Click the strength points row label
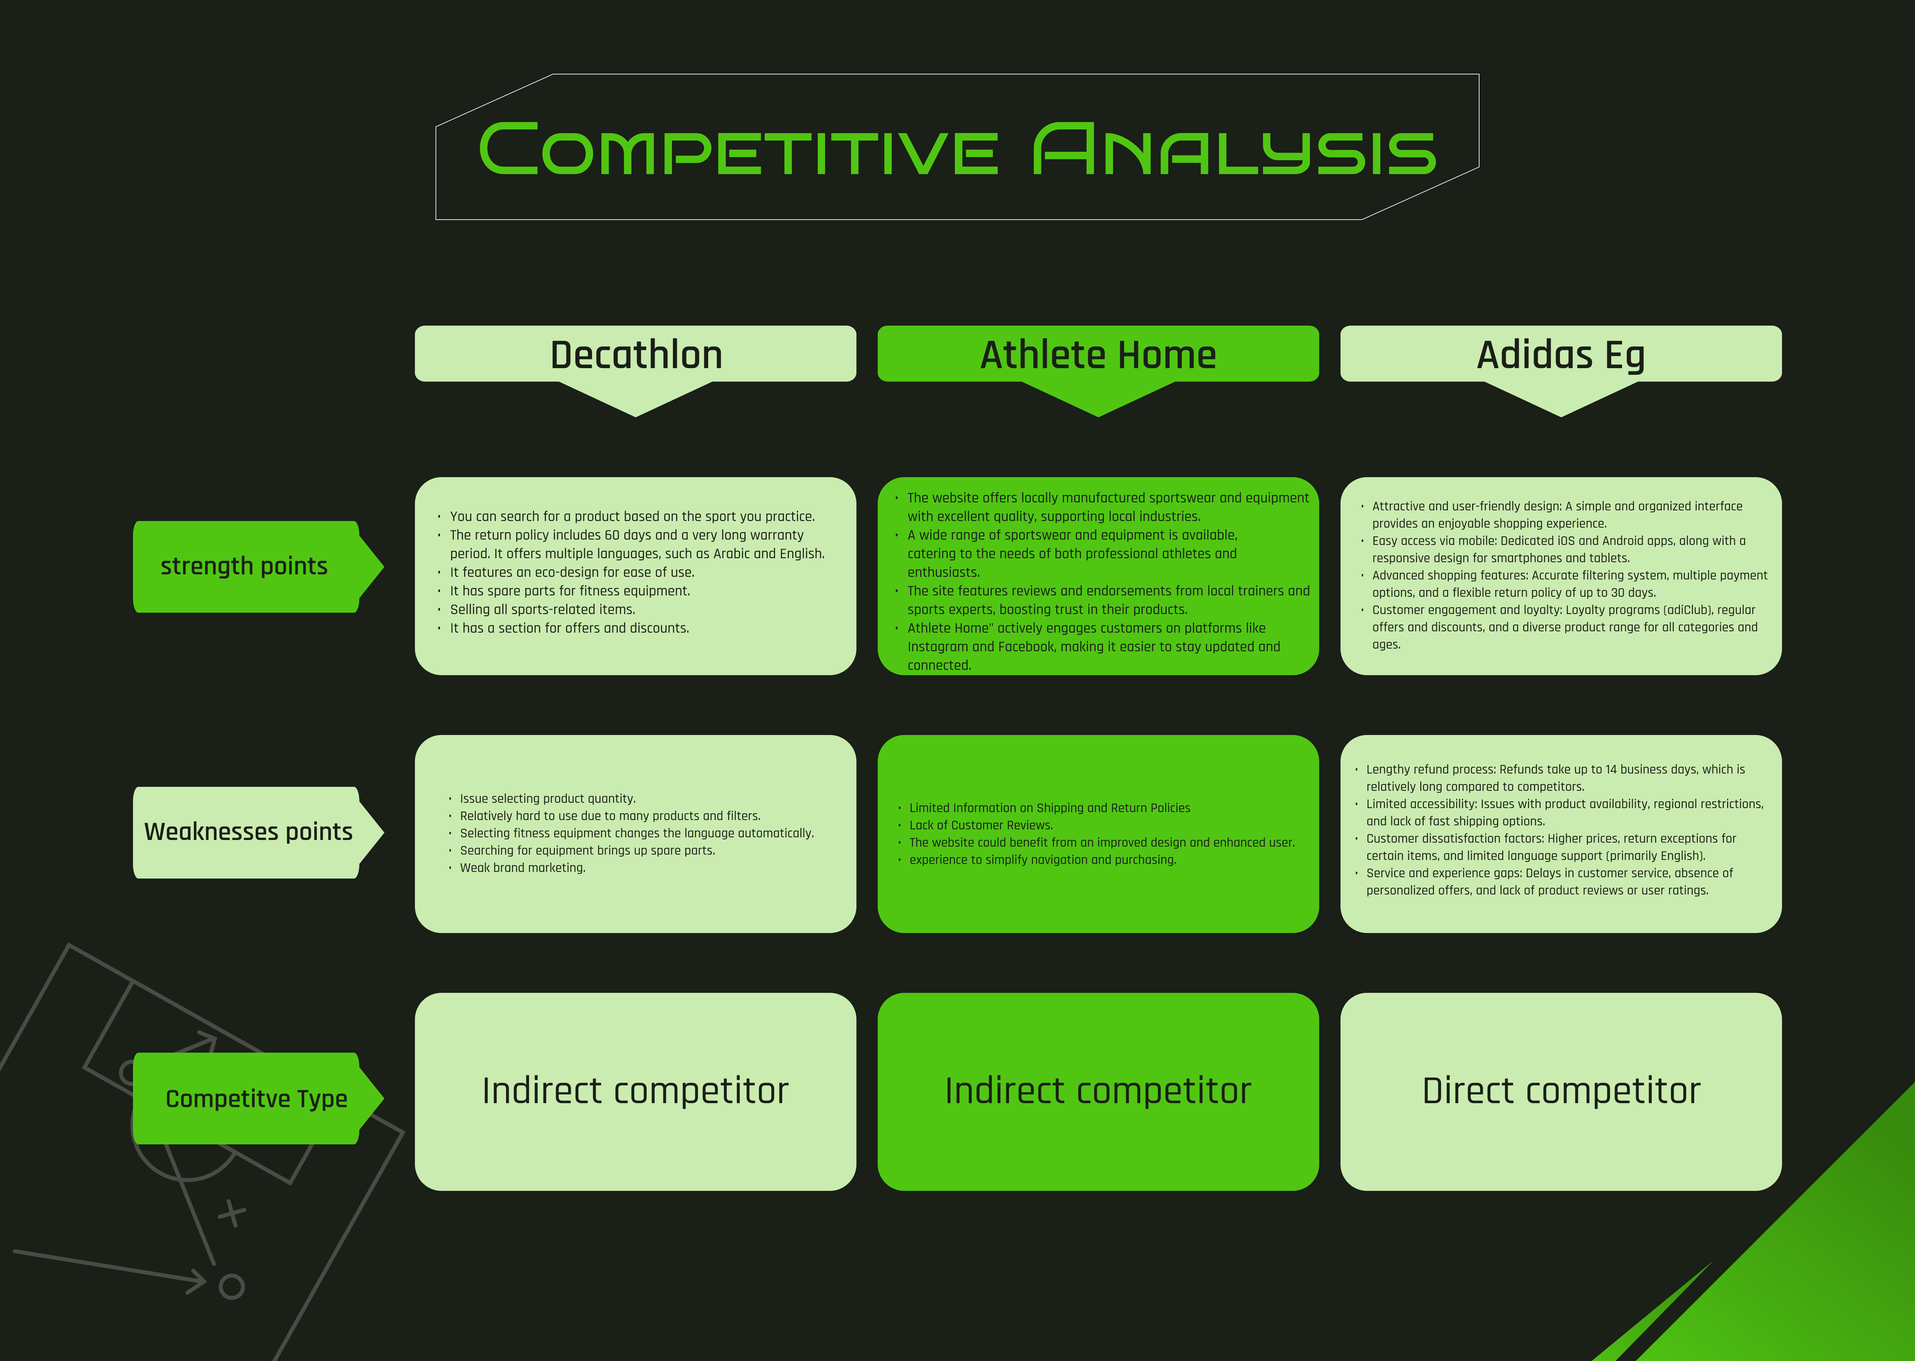(244, 567)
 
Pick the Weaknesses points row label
(248, 832)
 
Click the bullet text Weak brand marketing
(522, 867)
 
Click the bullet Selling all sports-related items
(543, 609)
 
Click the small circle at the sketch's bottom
(231, 1287)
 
